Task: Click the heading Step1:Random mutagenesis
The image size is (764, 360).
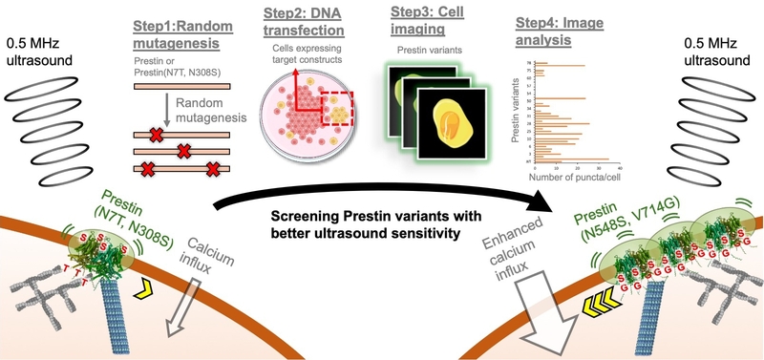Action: click(182, 28)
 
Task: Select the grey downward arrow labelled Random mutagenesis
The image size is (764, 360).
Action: click(165, 113)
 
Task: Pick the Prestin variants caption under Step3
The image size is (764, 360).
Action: click(421, 56)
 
